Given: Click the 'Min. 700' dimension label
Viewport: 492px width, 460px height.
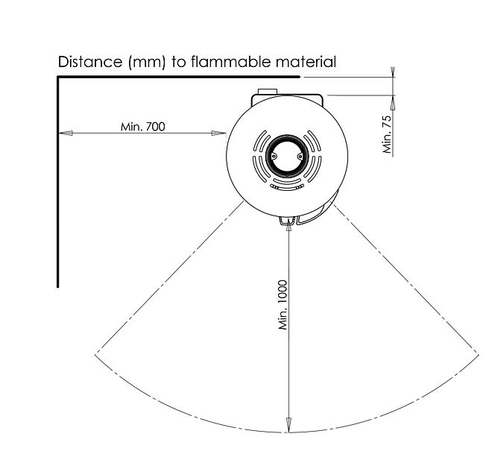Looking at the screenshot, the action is pyautogui.click(x=143, y=127).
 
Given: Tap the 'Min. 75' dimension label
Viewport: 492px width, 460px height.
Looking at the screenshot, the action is pyautogui.click(x=388, y=135).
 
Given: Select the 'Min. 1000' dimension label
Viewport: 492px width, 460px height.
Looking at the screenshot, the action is pyautogui.click(x=283, y=305).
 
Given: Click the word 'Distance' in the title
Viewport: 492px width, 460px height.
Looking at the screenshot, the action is pyautogui.click(x=90, y=62).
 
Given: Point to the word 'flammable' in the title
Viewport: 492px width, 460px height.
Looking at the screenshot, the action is pyautogui.click(x=230, y=62).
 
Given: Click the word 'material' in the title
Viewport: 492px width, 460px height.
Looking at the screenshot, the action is pyautogui.click(x=306, y=62).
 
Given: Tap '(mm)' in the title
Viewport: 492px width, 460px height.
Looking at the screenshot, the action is pyautogui.click(x=147, y=62).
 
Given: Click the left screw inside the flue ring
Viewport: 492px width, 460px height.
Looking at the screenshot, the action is pyautogui.click(x=274, y=156).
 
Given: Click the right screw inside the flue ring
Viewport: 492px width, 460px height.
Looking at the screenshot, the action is pyautogui.click(x=300, y=156).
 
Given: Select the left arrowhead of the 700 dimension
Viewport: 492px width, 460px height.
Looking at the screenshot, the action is pyautogui.click(x=66, y=133).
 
